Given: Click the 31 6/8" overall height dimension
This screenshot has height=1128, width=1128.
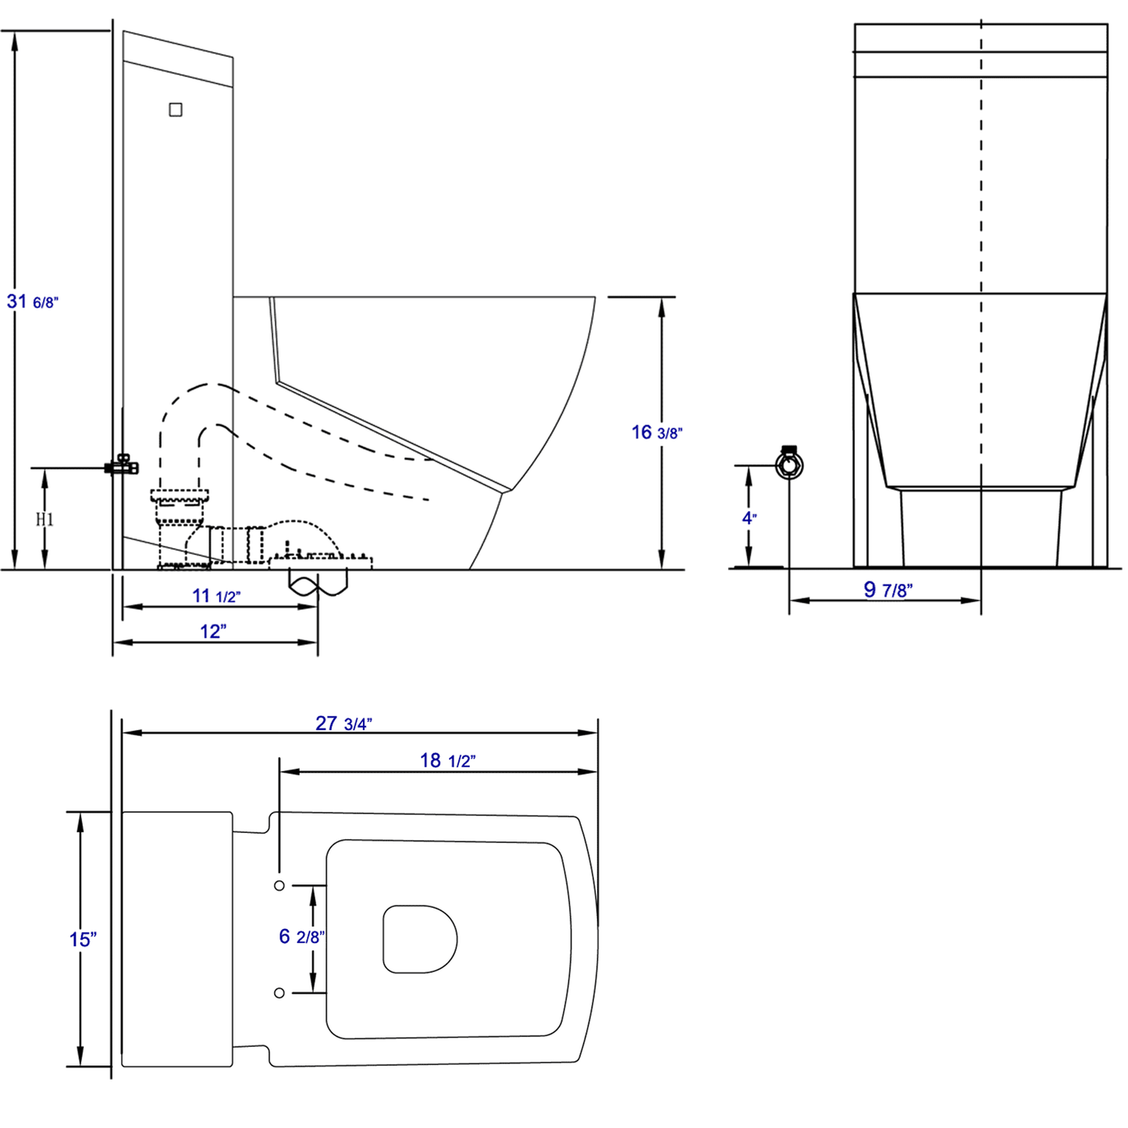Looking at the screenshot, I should pos(32,301).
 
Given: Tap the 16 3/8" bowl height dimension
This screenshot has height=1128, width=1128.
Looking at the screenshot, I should pos(657,432).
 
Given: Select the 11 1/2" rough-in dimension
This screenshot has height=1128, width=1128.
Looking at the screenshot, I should pos(216,596).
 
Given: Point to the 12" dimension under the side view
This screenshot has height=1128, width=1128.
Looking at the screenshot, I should pos(212,632).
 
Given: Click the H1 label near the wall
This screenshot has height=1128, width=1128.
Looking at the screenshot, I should pos(44,519).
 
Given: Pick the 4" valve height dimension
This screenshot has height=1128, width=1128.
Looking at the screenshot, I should pos(749,518).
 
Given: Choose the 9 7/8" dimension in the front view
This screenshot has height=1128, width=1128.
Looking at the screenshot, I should pos(888,590).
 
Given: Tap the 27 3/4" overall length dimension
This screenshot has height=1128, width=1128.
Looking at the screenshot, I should pos(343,724).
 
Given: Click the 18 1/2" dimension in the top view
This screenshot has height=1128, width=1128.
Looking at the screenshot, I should pos(447,760).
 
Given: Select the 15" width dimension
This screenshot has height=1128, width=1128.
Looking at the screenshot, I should pos(83,939).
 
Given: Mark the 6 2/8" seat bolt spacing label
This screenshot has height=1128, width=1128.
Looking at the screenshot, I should pos(301,937).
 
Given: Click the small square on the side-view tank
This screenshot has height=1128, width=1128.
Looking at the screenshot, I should pos(176,110).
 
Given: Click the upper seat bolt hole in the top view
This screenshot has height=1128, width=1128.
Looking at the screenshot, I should pos(279,885).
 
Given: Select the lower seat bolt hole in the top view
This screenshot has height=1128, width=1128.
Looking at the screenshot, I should pos(279,993).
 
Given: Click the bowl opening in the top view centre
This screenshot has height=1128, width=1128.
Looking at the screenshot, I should pos(420,939).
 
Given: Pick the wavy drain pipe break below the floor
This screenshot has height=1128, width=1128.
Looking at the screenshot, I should pos(318,582).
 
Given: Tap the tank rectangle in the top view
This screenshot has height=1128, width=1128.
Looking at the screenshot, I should pos(177,939).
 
